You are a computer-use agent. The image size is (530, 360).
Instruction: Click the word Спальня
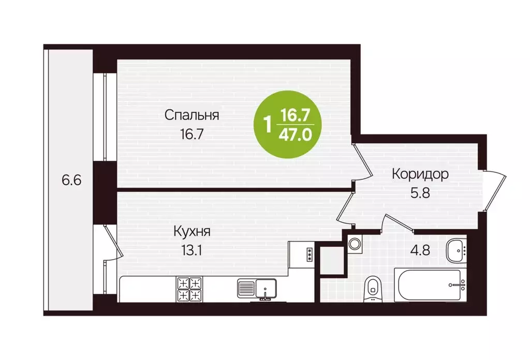coord(192,115)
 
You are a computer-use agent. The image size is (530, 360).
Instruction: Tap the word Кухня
coord(192,231)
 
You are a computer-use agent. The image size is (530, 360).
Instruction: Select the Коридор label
coord(420,174)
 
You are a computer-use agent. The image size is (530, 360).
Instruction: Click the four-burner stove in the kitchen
coord(189,289)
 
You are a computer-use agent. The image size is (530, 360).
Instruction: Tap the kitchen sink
coord(257,289)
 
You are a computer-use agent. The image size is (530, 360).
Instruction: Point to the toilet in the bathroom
coord(372,289)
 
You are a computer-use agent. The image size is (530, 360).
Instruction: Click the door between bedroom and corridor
coord(362,160)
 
